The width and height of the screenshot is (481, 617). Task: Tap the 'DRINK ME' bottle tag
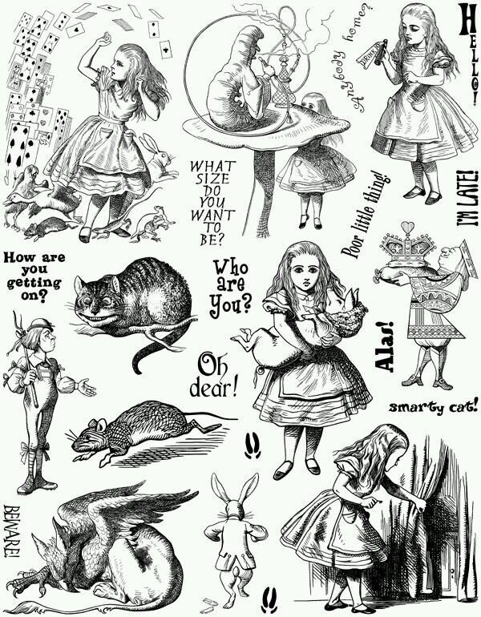(x=366, y=54)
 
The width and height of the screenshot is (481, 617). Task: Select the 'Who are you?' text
(x=231, y=288)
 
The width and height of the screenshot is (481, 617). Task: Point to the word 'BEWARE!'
(x=12, y=531)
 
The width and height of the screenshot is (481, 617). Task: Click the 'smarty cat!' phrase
(x=434, y=406)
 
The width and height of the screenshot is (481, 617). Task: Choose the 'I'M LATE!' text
(x=467, y=198)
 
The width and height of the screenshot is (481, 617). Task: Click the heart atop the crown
(x=407, y=227)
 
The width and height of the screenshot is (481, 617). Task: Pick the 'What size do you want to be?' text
(x=212, y=203)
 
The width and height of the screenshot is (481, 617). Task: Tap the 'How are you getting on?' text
(x=34, y=276)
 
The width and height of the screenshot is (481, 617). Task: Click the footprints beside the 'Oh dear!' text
(x=253, y=445)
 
